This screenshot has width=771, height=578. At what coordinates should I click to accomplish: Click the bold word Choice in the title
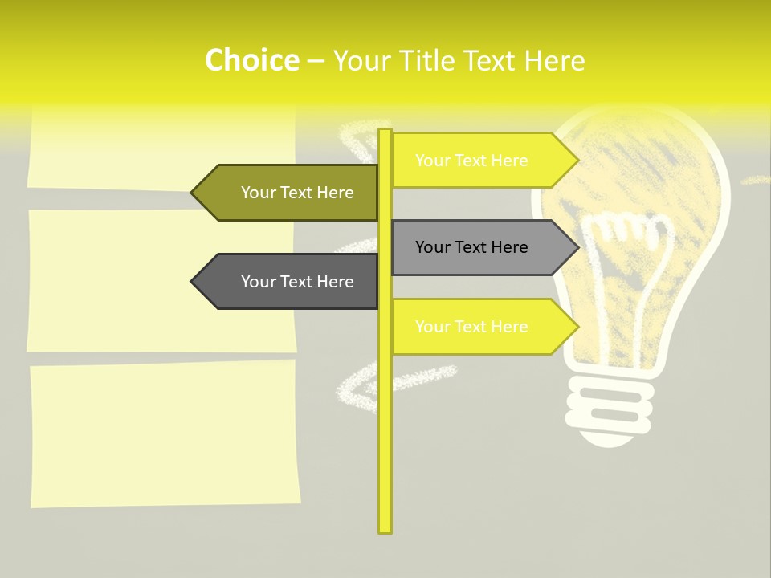[251, 60]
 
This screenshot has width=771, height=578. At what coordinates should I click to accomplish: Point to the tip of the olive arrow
[193, 193]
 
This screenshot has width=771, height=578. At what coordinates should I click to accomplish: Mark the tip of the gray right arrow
[577, 247]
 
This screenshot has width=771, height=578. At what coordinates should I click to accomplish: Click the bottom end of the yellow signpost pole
[385, 530]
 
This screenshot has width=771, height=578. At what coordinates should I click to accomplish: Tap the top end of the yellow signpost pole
[385, 132]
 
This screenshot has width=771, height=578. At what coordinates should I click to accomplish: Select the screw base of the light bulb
[608, 409]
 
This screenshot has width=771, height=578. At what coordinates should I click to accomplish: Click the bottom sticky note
[165, 433]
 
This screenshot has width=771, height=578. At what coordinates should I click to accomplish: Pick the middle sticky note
[161, 281]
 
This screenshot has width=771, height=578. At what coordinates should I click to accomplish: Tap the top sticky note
[161, 149]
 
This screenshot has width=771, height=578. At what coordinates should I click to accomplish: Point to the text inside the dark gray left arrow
[297, 282]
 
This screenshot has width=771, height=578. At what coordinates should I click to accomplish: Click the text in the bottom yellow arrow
[471, 327]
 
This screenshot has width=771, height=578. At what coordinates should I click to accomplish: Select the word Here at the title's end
[554, 60]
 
